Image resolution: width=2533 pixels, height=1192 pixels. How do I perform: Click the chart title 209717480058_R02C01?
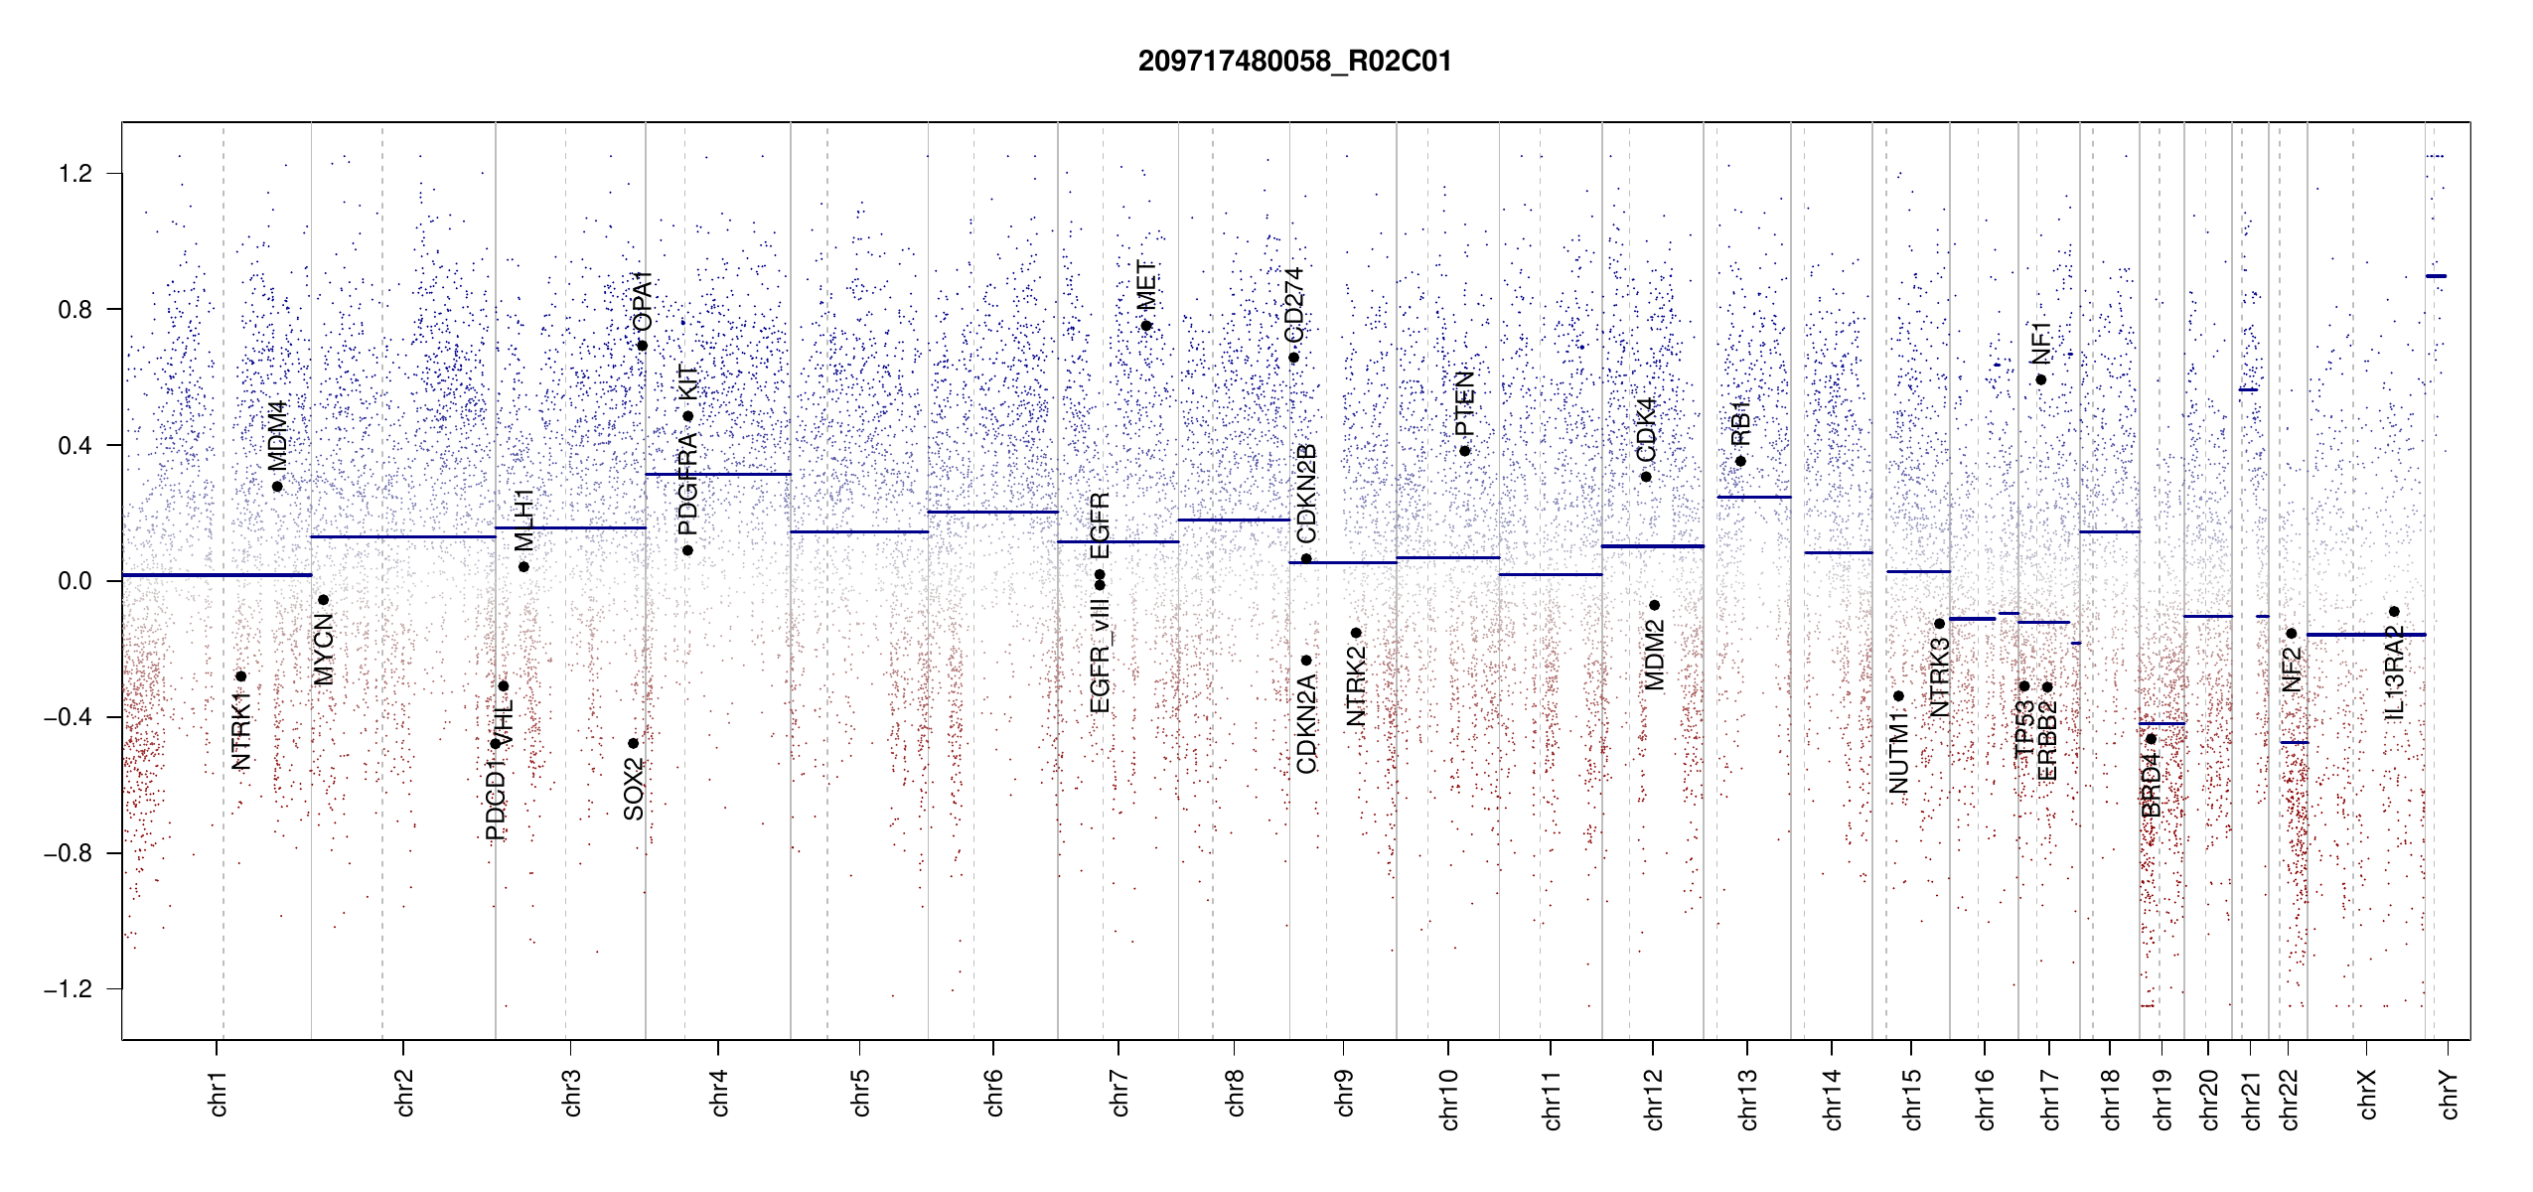pos(1294,62)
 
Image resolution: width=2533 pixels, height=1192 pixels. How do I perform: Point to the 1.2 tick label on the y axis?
pos(74,174)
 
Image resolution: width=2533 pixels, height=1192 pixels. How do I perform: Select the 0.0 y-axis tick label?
pos(74,581)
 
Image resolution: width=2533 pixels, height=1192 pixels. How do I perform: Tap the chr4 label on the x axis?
pos(719,1093)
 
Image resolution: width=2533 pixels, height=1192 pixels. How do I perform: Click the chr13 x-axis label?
pos(1747,1099)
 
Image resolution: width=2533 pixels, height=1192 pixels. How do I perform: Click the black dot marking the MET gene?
pos(1146,326)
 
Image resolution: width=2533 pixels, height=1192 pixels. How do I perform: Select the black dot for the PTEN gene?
pos(1464,451)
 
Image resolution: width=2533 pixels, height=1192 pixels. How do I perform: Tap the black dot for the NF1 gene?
pos(2040,379)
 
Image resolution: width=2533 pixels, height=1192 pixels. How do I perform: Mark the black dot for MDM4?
pos(277,487)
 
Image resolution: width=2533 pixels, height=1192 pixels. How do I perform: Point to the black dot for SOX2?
pos(633,743)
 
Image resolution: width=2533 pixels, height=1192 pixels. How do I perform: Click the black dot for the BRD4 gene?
pos(2151,739)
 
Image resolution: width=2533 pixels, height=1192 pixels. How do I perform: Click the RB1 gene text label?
pos(1739,422)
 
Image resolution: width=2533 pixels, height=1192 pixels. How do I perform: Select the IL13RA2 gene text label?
pos(2394,672)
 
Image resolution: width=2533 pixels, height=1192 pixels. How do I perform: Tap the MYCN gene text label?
pos(323,650)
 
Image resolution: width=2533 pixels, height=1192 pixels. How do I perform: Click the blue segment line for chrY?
pos(2436,276)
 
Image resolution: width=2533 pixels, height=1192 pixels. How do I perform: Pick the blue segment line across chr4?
pos(718,474)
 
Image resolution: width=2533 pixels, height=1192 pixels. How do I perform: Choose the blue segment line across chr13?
pos(1753,497)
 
